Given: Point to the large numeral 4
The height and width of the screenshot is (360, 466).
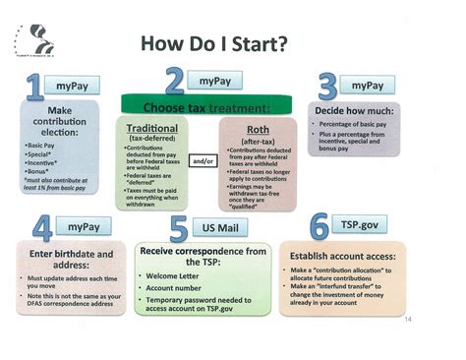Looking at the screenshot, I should click(42, 230).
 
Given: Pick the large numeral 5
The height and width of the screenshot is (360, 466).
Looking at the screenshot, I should click(179, 230).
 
